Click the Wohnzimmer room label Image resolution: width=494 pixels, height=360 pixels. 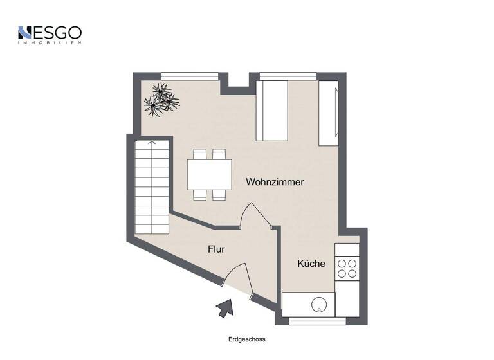point(275,182)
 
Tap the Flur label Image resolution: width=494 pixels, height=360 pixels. point(216,249)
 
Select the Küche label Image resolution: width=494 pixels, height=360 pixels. point(311,264)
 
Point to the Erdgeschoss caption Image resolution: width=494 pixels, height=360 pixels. point(246,339)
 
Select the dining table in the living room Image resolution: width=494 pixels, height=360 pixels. point(209,174)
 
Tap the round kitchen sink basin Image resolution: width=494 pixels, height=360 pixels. point(319,305)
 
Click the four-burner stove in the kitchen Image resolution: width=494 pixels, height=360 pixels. point(347,267)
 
